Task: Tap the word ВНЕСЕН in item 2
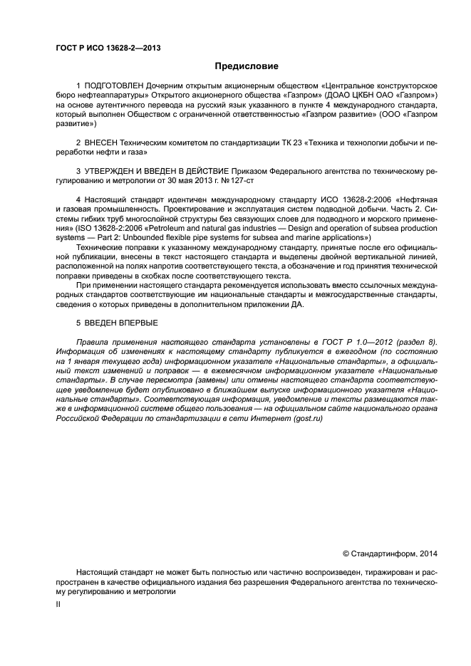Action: [100, 143]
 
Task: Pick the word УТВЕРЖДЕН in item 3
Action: [109, 172]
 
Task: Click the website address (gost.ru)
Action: [304, 419]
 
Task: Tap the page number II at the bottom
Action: [58, 603]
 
